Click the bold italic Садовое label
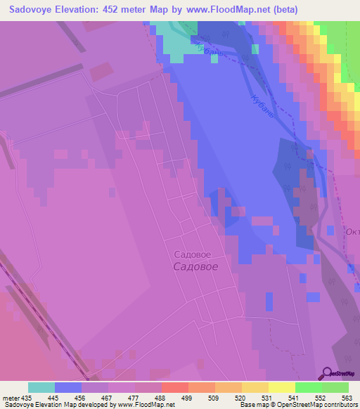[195, 267]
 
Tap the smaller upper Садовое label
[192, 254]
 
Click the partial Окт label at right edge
[352, 231]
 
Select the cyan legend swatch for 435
[41, 387]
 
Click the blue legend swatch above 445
[68, 387]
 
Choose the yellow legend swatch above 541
[282, 387]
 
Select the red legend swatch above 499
[175, 387]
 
